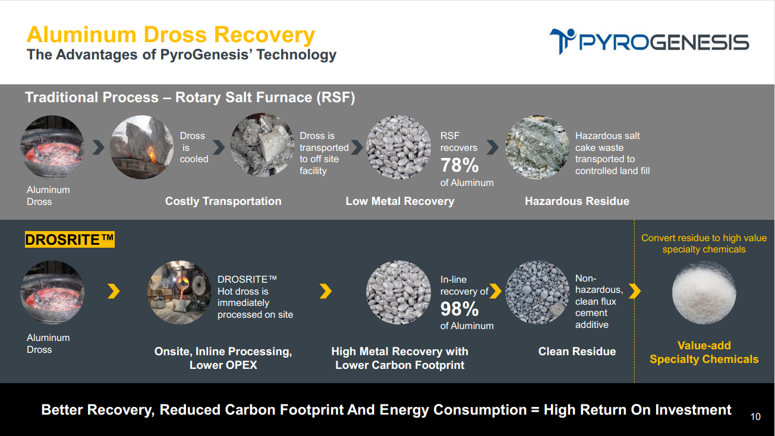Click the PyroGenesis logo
point(649,42)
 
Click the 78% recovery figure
point(459,165)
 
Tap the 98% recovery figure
point(459,309)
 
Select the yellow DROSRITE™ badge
point(70,239)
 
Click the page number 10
point(755,416)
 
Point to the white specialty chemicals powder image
point(704,292)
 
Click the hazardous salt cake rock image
point(537,147)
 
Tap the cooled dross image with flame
point(141,147)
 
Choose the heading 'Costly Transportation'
point(223,201)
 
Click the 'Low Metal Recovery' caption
point(400,201)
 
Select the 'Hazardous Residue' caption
point(576,201)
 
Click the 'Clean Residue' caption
point(576,351)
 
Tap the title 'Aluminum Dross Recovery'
point(171,34)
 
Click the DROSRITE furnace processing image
point(179,292)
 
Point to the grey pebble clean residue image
point(537,292)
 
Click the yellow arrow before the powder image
point(635,291)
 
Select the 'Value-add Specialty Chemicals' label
point(704,352)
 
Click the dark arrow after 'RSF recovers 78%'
point(493,147)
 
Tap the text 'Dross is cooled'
point(194,147)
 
